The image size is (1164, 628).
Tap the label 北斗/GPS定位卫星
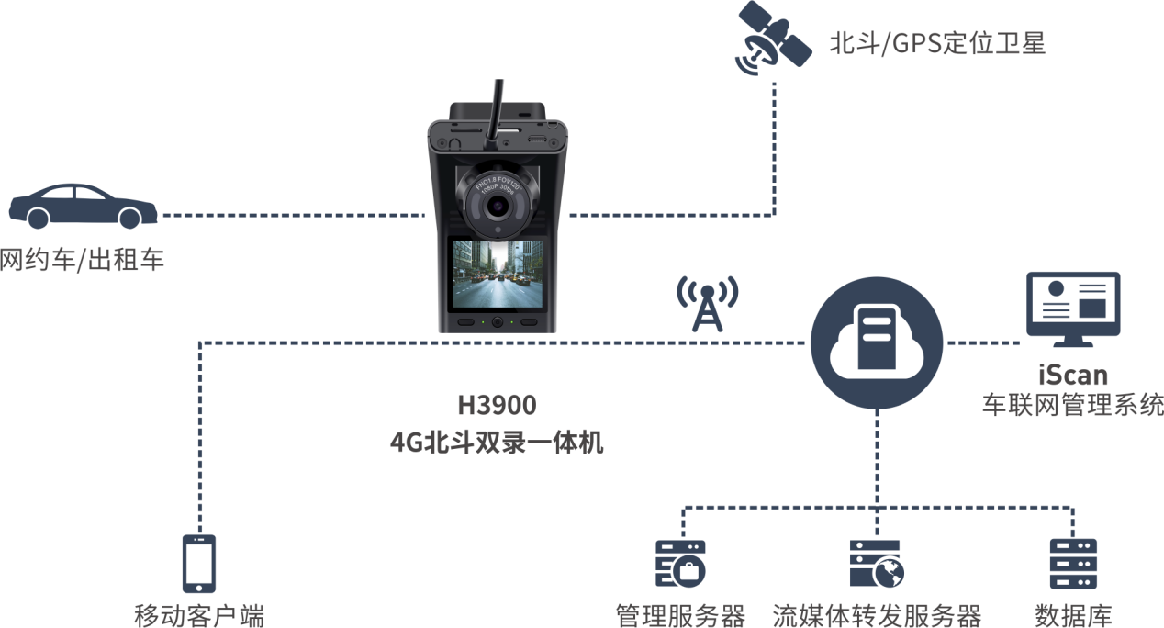[936, 43]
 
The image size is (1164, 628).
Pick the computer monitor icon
[1072, 308]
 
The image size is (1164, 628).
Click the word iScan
[1072, 375]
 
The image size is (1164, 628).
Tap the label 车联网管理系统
[1072, 405]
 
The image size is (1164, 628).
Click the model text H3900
[497, 405]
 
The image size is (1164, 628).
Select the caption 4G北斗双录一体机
[497, 443]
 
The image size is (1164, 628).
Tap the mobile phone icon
[199, 563]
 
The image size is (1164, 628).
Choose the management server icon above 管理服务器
[680, 564]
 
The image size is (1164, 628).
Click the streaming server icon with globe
[876, 564]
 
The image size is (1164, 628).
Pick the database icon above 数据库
[1073, 564]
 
